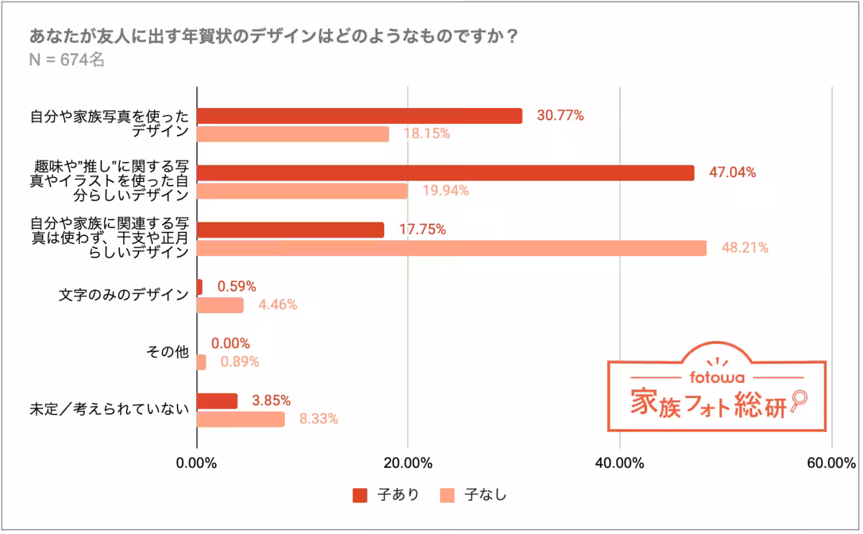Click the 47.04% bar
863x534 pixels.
(445, 173)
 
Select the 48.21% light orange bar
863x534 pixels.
(452, 248)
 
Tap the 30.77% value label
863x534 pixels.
(560, 115)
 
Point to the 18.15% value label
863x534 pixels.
(426, 134)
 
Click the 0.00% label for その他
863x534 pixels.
(231, 343)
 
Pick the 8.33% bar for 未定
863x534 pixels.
(241, 419)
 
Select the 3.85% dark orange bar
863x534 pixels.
(217, 401)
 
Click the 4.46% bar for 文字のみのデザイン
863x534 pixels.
(220, 305)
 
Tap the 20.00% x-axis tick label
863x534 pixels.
(408, 463)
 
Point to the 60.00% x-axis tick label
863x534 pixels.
(831, 463)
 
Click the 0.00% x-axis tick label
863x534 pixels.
(196, 463)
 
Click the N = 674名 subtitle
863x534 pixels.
(67, 60)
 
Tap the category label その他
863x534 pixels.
(168, 353)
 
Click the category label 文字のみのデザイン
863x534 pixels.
(124, 296)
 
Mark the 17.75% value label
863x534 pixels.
(423, 230)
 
